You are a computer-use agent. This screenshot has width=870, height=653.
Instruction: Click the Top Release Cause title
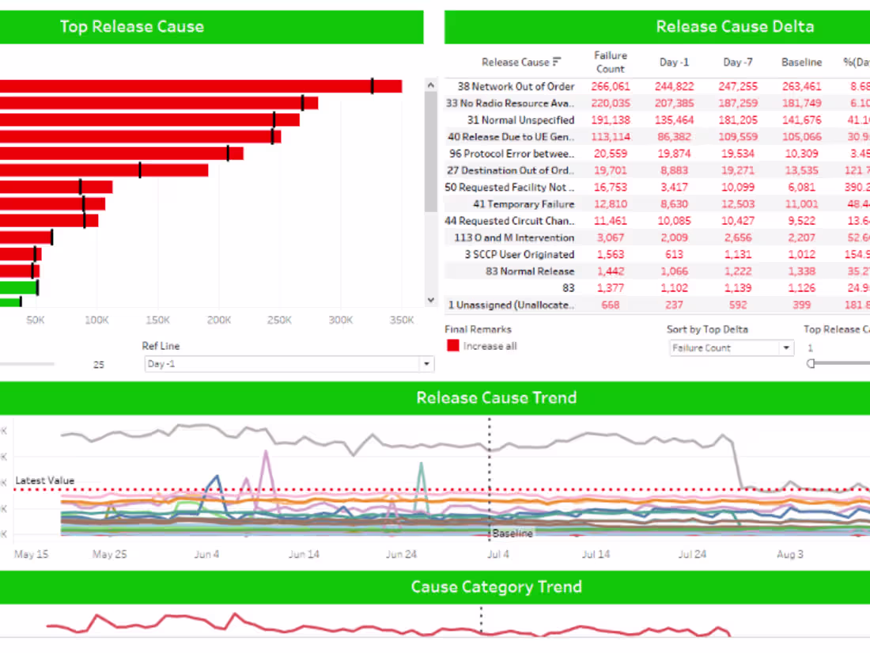(x=132, y=27)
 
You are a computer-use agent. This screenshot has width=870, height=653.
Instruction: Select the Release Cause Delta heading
(x=735, y=27)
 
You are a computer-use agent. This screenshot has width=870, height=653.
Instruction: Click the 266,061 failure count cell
(x=610, y=86)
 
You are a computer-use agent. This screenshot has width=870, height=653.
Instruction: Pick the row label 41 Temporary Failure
(x=524, y=204)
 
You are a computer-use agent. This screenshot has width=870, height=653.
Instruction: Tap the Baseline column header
(x=801, y=62)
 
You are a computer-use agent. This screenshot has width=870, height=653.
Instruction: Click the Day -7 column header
(x=737, y=62)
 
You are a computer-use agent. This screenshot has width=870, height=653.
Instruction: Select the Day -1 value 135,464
(x=674, y=120)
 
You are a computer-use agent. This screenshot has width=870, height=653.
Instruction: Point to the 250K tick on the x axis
(x=279, y=320)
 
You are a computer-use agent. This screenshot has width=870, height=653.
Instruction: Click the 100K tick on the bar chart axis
(x=96, y=320)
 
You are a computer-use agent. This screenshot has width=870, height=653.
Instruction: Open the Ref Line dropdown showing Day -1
(x=289, y=364)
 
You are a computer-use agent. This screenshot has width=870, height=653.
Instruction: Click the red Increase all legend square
(x=453, y=346)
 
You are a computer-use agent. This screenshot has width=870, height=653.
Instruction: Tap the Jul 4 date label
(x=498, y=554)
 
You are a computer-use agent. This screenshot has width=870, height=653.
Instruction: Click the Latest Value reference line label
(x=45, y=480)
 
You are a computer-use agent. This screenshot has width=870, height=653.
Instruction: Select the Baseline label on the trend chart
(x=513, y=533)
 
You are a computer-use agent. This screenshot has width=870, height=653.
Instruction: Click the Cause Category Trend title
(x=496, y=587)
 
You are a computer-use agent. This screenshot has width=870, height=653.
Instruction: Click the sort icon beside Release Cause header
(x=557, y=62)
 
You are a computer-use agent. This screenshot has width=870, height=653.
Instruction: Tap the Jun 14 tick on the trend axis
(x=304, y=554)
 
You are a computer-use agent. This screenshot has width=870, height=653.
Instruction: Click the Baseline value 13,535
(x=801, y=170)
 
